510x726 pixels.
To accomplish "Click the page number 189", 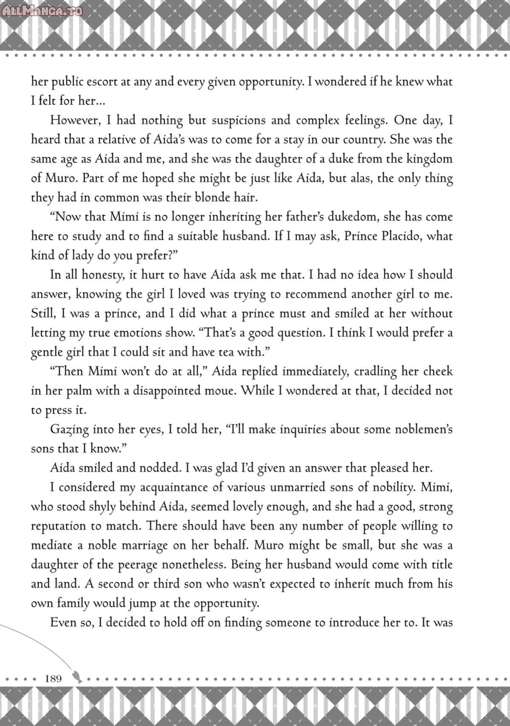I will point(53,678).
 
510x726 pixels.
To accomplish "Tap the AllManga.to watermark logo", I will point(42,9).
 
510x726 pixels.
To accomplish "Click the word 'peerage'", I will point(135,565).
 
